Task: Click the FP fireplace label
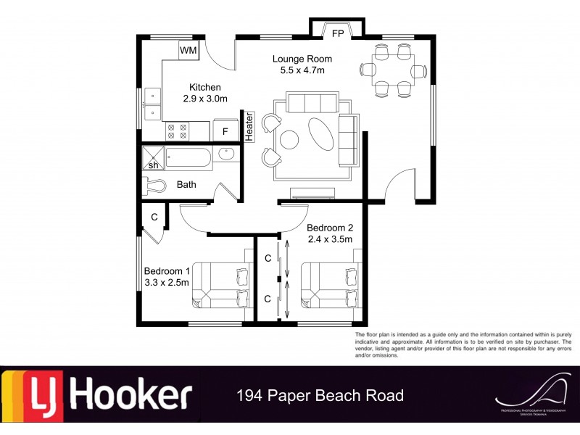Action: (337, 33)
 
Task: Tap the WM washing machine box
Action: (188, 50)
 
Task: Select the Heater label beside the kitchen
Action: (249, 126)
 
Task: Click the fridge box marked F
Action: (225, 130)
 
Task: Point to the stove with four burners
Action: (177, 131)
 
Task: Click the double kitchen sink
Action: (152, 103)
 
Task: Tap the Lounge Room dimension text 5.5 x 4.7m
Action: (302, 70)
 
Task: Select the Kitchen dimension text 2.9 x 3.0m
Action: (204, 99)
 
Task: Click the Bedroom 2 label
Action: (329, 227)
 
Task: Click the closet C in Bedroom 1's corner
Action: (154, 217)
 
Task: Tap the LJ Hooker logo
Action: (97, 396)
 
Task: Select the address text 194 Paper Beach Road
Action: (320, 396)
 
